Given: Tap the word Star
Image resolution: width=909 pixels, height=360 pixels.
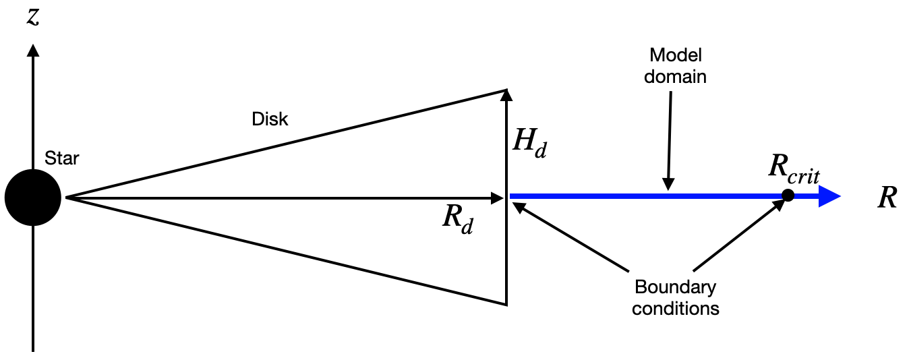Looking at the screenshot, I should click(x=61, y=159).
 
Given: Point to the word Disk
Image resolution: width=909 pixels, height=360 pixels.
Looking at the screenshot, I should click(x=270, y=119).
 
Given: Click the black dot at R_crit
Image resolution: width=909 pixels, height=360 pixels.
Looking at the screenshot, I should click(x=788, y=196).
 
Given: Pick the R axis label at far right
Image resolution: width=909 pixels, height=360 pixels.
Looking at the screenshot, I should click(x=887, y=198).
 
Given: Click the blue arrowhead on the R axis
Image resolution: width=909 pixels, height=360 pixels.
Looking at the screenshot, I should click(x=829, y=197).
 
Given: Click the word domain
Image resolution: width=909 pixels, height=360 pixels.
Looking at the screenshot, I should click(x=675, y=76).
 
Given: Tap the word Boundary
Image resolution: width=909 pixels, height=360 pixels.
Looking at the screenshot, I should click(x=675, y=287).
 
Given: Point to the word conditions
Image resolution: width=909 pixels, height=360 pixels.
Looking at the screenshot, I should click(x=675, y=309).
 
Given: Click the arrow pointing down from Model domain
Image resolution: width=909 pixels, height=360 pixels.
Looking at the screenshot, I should click(x=668, y=142).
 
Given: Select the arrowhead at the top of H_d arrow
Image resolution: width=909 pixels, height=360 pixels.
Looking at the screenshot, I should click(x=506, y=96).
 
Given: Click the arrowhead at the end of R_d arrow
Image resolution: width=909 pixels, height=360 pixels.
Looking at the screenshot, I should click(x=498, y=198).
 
